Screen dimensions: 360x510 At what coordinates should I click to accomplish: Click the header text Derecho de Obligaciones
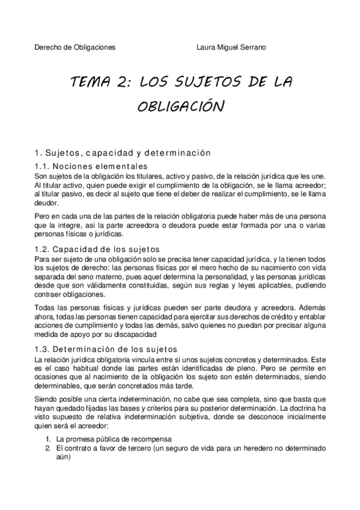click(x=75, y=46)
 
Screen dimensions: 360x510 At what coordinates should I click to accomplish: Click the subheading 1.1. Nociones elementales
click(x=91, y=166)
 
